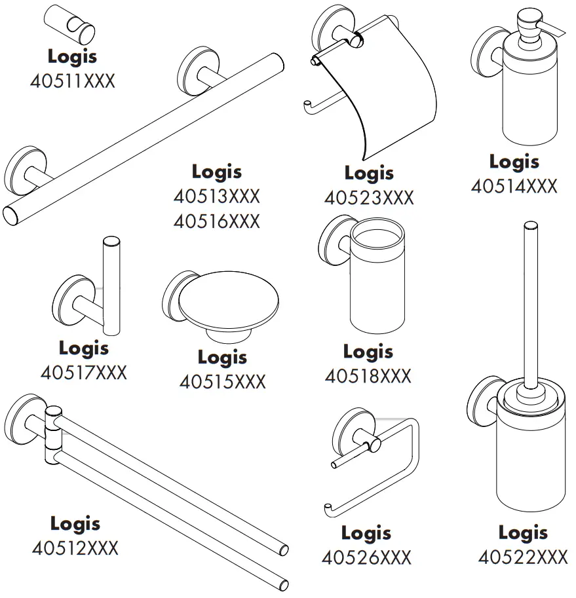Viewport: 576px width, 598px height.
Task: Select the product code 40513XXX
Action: point(216,196)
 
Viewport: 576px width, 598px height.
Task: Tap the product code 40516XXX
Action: point(216,221)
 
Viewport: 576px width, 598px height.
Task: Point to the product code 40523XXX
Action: point(369,198)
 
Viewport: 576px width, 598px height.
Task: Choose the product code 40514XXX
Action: point(514,186)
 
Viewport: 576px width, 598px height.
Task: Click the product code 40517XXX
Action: point(83,373)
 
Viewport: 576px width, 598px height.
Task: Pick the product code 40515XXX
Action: point(223,382)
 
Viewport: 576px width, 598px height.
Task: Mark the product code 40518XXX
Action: point(368,376)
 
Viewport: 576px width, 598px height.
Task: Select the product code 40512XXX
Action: point(75,548)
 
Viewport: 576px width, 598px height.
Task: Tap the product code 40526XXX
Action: point(366,557)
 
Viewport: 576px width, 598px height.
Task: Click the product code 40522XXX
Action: point(522,557)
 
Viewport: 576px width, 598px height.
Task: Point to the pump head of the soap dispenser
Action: point(531,24)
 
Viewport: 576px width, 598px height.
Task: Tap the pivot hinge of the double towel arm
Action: point(52,436)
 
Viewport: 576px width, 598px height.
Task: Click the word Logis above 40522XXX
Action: point(522,532)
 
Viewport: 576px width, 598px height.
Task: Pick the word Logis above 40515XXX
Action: point(223,357)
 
